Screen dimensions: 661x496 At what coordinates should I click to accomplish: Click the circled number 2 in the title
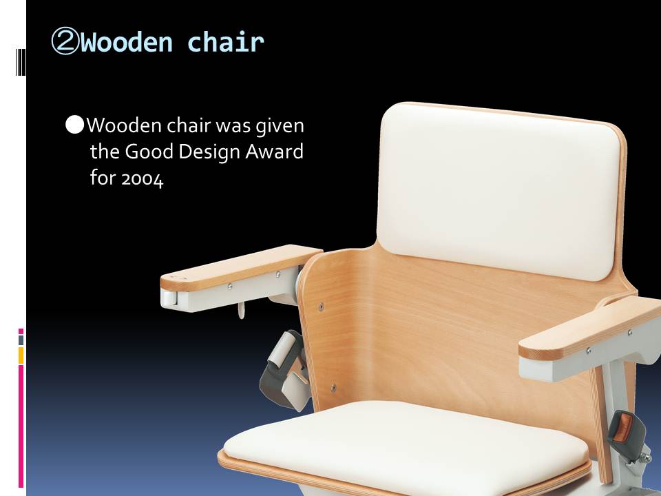[x=65, y=42]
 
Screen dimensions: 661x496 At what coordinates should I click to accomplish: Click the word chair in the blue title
[x=226, y=42]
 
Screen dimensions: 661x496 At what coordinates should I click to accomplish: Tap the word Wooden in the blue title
[x=127, y=42]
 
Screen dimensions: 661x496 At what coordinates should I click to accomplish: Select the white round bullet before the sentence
[x=75, y=125]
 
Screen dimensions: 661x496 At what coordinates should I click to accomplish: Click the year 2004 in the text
[x=142, y=179]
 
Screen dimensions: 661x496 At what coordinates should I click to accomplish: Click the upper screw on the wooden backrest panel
[x=321, y=307]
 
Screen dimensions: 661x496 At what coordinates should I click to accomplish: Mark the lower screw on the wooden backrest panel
[x=333, y=388]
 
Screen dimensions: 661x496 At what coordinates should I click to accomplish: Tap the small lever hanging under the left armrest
[x=241, y=310]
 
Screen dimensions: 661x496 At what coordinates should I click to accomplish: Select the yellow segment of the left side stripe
[x=21, y=355]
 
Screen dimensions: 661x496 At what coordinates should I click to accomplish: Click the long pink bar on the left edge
[x=21, y=426]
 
